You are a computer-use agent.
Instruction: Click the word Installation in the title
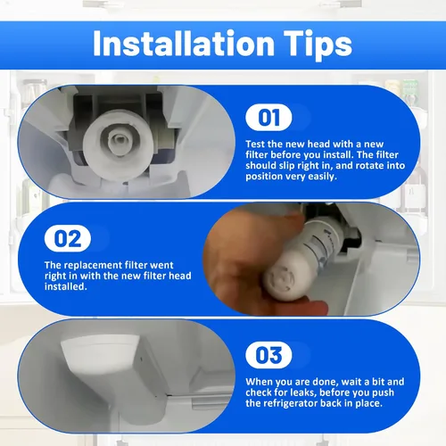coord(184,43)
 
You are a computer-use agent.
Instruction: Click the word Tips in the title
coord(318,45)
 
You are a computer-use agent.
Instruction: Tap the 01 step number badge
coord(268,118)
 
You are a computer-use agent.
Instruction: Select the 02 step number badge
coord(68,238)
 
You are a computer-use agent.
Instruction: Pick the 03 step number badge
coord(268,355)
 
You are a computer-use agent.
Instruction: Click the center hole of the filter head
coord(120,139)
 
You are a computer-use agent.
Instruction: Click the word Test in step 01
coord(255,145)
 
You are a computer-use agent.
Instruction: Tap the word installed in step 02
coord(66,286)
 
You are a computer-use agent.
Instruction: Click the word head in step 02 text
coord(180,276)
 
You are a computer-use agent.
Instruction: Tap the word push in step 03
coord(383,392)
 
